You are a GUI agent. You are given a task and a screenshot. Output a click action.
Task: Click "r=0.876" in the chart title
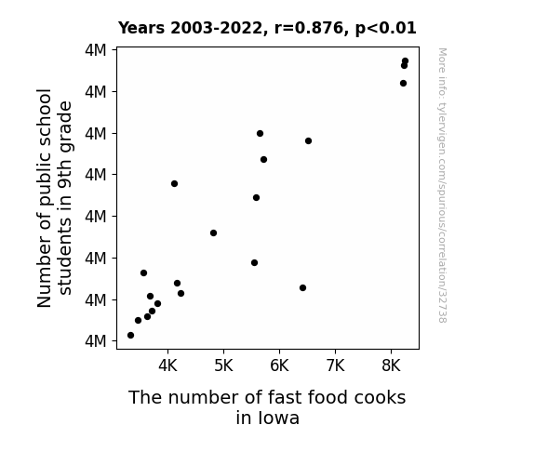(309, 28)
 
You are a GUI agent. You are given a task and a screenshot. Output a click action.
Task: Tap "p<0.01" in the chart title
(385, 29)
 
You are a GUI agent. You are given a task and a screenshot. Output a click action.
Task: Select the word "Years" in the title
(141, 28)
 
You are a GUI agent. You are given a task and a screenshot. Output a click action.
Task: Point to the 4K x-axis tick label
(167, 365)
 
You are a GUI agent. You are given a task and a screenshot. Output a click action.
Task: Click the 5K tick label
(223, 365)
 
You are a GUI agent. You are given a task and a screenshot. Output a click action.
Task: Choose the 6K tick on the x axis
(279, 365)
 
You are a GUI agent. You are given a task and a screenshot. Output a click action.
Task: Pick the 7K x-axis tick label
(335, 365)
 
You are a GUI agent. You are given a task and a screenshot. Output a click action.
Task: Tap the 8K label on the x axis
(391, 365)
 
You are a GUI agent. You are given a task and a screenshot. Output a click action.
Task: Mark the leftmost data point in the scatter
(130, 336)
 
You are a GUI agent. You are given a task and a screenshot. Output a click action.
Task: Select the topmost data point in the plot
(406, 61)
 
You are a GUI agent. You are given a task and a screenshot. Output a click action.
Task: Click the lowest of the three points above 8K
(403, 84)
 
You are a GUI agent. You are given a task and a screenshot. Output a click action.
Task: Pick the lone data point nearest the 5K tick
(214, 233)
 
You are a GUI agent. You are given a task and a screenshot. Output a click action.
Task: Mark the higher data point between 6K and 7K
(309, 141)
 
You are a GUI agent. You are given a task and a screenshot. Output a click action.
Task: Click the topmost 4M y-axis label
(96, 50)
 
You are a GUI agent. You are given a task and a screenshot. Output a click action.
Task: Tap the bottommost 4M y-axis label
(96, 340)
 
